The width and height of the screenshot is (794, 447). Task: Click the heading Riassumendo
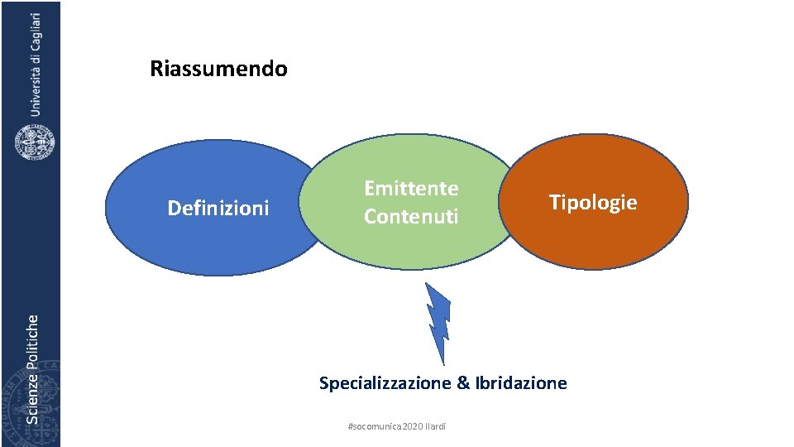pyautogui.click(x=218, y=69)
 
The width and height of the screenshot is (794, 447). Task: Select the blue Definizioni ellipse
pyautogui.click(x=165, y=240)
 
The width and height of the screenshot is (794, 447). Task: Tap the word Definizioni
pyautogui.click(x=218, y=208)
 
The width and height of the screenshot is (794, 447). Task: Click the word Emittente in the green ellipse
pyautogui.click(x=411, y=188)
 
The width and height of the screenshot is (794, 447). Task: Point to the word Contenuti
pyautogui.click(x=411, y=216)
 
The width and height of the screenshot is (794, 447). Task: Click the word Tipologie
pyautogui.click(x=593, y=202)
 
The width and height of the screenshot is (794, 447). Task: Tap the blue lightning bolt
pyautogui.click(x=438, y=319)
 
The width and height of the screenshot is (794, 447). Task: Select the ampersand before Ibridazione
pyautogui.click(x=463, y=382)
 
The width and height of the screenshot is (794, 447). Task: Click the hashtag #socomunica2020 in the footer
pyautogui.click(x=385, y=426)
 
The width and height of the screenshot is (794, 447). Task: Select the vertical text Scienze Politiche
pyautogui.click(x=32, y=368)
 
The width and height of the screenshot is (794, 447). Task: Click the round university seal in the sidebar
pyautogui.click(x=35, y=141)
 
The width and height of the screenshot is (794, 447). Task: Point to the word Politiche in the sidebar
pyautogui.click(x=32, y=339)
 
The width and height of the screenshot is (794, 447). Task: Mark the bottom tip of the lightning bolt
pyautogui.click(x=443, y=363)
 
